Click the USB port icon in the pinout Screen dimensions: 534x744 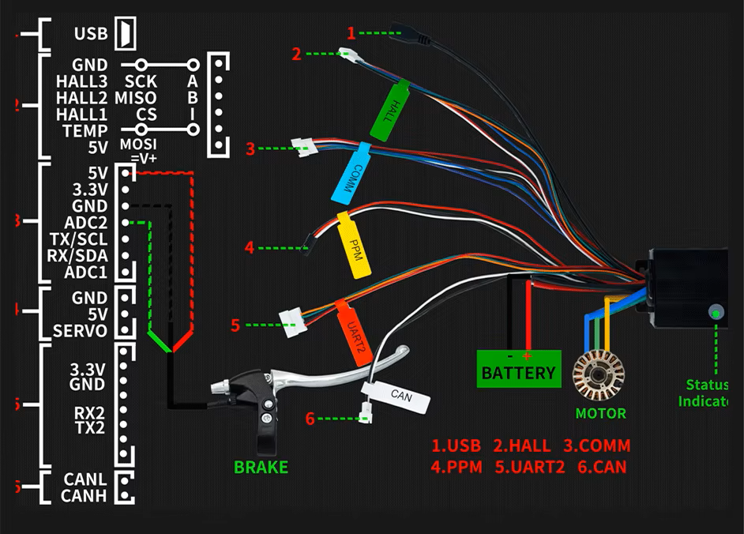tap(126, 34)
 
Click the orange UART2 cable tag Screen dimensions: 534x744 tap(354, 332)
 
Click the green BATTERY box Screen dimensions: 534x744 tap(518, 369)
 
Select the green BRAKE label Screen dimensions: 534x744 tap(261, 467)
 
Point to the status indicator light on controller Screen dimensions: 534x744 tap(716, 313)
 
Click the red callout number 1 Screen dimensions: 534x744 tap(351, 32)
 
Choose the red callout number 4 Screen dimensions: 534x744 tap(250, 247)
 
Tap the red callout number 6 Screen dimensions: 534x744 tap(310, 419)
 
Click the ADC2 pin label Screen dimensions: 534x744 tap(88, 222)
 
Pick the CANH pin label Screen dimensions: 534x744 tap(84, 495)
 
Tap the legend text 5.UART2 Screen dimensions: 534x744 tap(532, 467)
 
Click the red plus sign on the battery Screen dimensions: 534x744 tap(528, 356)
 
